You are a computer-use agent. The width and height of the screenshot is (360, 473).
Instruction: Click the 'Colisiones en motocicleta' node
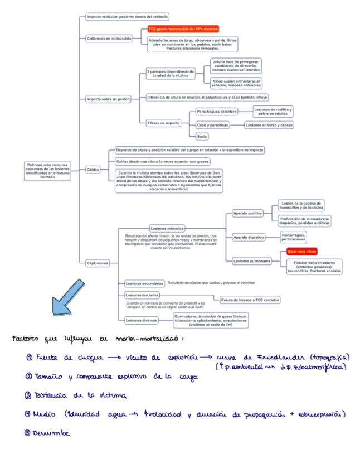click(109, 38)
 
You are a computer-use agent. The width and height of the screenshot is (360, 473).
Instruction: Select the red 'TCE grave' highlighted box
click(183, 28)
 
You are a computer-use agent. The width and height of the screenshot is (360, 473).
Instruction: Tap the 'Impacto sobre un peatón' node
click(108, 99)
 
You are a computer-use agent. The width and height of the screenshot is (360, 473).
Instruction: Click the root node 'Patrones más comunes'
click(48, 170)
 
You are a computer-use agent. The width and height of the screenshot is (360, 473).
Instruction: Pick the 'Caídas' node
click(93, 168)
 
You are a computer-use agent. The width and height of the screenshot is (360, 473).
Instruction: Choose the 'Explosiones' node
click(98, 263)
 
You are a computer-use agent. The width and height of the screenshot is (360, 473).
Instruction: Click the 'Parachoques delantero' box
click(216, 112)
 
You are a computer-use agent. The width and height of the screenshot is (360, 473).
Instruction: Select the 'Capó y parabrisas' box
click(213, 125)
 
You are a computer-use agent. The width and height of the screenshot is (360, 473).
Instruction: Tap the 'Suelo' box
click(202, 136)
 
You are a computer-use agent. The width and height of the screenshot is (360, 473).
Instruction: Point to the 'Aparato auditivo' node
click(248, 213)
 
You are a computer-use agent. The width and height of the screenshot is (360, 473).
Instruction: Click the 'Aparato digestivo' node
click(249, 237)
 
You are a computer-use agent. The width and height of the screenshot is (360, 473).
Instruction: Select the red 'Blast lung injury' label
click(301, 252)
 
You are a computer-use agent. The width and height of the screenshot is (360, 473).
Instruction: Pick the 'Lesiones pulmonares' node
click(252, 260)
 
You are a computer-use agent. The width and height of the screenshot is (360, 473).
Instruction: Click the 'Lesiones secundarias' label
click(144, 283)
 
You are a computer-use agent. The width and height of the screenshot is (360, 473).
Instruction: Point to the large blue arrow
click(68, 299)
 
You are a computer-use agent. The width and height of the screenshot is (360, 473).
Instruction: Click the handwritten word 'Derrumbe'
click(51, 433)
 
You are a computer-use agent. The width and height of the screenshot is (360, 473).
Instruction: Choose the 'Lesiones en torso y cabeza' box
click(269, 125)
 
